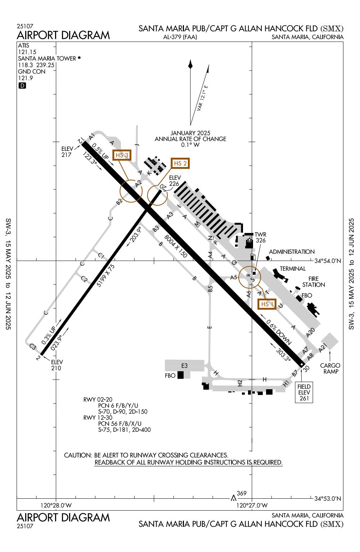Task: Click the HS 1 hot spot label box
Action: [267, 304]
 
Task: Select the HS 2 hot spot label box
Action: [180, 163]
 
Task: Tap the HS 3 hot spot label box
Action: [122, 155]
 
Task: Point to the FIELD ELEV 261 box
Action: [304, 392]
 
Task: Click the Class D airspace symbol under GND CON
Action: [22, 86]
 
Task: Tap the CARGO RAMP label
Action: [330, 368]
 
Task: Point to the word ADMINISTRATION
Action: [292, 252]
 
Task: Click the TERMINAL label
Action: [292, 269]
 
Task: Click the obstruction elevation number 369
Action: [242, 493]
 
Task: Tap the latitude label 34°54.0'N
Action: [328, 261]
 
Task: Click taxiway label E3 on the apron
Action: [184, 365]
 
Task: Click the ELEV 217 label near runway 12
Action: [67, 152]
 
